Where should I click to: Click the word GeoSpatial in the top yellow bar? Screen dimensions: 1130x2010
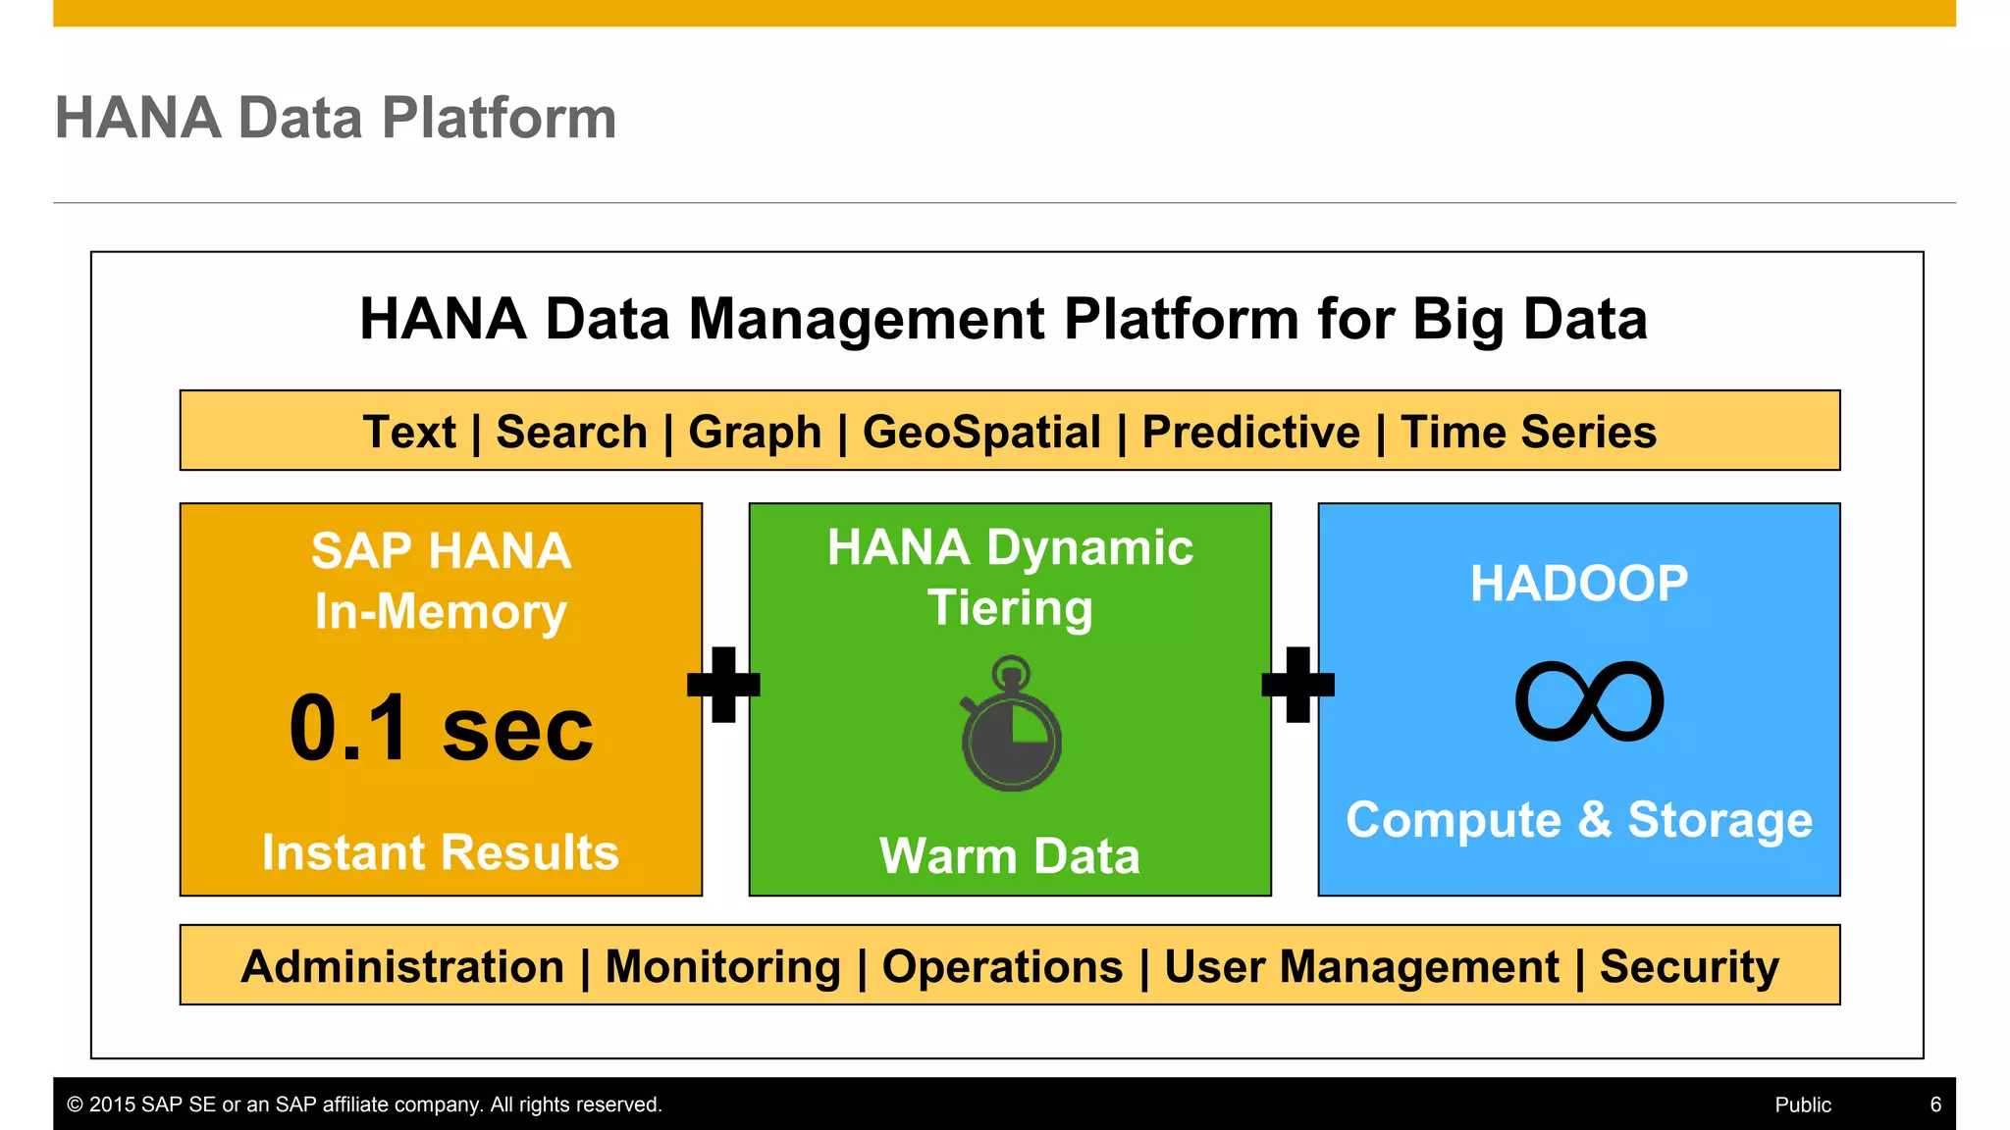click(x=981, y=433)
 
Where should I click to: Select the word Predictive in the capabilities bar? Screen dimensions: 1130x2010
click(x=1251, y=433)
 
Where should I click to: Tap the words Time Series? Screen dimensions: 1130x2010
click(x=1528, y=433)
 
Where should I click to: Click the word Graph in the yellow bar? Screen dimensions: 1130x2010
click(x=755, y=433)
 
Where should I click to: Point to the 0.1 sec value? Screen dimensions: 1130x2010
click(x=441, y=728)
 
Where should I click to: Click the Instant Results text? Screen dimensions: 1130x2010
click(x=441, y=851)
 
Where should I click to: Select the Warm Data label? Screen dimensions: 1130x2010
click(x=1010, y=855)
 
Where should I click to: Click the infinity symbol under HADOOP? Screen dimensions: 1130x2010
click(x=1589, y=701)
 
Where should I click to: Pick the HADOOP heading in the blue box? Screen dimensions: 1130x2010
click(x=1579, y=584)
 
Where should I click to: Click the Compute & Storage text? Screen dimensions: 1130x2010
click(x=1579, y=819)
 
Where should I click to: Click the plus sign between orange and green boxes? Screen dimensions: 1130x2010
click(x=724, y=684)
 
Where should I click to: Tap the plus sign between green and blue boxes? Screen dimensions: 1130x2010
click(x=1297, y=684)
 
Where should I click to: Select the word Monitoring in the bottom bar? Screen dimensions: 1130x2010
click(x=723, y=966)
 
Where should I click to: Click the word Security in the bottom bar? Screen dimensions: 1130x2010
click(x=1689, y=966)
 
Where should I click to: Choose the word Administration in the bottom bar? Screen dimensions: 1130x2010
click(x=402, y=966)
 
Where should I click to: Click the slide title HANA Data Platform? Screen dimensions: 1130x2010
click(x=336, y=118)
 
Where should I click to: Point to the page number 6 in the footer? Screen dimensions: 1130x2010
click(x=1935, y=1104)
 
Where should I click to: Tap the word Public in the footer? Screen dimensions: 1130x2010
click(x=1803, y=1104)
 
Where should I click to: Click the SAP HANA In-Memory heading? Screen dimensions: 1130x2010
click(x=441, y=581)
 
